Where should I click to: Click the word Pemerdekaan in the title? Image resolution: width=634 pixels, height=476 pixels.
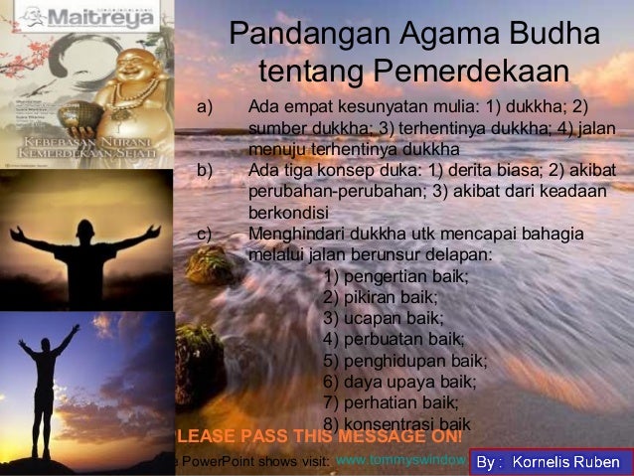coord(471,72)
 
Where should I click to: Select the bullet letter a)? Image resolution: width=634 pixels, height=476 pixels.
coord(205,106)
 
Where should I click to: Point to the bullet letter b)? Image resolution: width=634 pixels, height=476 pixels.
coord(205,170)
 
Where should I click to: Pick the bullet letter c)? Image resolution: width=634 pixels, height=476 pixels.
coord(205,234)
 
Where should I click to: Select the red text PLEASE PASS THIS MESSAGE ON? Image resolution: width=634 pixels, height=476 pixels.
coord(318,437)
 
